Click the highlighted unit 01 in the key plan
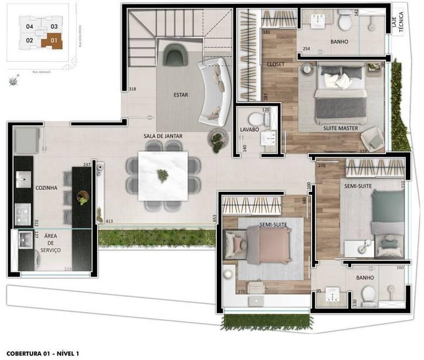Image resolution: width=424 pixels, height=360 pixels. [53, 40]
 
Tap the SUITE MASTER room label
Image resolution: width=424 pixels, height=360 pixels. [341, 128]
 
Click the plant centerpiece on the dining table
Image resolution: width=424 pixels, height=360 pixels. [163, 175]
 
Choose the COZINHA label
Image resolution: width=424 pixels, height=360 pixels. [46, 187]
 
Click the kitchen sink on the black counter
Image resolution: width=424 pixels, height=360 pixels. [22, 176]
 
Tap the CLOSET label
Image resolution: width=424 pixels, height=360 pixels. [275, 64]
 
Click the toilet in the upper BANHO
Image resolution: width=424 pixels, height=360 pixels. [345, 23]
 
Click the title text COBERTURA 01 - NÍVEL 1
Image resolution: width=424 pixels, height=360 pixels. [43, 352]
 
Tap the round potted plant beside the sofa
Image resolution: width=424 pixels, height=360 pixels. [217, 139]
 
